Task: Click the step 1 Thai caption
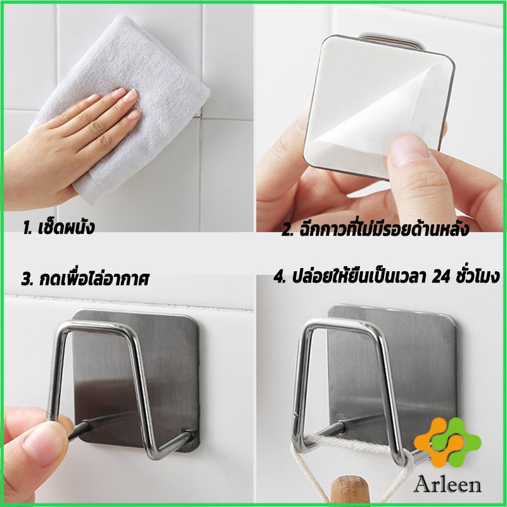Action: [x=58, y=228]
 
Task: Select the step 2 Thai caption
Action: [x=375, y=229]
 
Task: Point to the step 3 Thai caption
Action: [x=86, y=279]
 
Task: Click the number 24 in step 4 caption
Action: [x=440, y=277]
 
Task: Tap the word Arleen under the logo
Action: [x=447, y=485]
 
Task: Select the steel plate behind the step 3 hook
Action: [x=136, y=382]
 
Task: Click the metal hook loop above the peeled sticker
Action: [x=392, y=41]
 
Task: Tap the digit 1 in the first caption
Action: [x=26, y=228]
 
